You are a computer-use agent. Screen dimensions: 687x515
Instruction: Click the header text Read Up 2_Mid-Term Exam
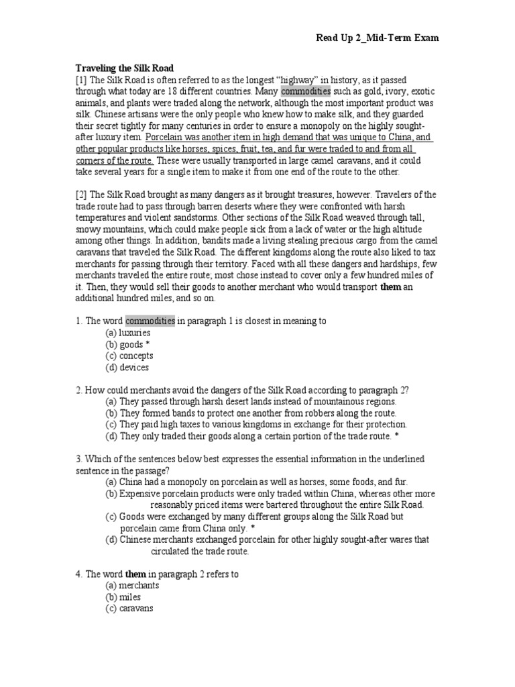378,38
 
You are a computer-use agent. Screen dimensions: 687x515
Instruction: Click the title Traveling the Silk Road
124,68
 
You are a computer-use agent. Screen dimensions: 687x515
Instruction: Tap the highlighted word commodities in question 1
150,321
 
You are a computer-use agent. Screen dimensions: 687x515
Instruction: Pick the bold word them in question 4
135,574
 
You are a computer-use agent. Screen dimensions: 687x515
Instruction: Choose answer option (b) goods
124,344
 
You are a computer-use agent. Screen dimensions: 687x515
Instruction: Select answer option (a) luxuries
128,333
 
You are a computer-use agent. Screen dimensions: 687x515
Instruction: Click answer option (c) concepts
129,356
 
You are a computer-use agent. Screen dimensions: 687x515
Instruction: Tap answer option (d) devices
127,368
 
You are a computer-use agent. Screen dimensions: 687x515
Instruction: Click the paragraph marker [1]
80,80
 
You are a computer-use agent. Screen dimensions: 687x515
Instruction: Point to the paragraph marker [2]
80,195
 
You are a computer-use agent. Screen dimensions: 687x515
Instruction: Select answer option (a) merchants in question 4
132,585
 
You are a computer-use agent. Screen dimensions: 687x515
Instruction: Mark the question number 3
78,458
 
